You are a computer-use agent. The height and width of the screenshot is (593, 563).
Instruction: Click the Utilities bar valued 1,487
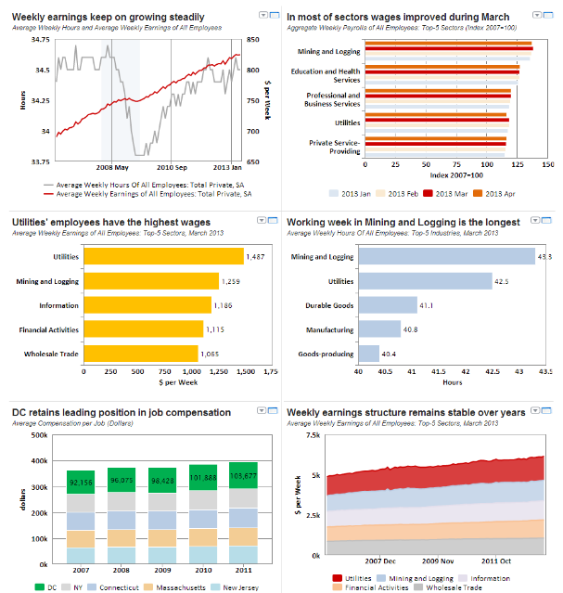click(x=163, y=256)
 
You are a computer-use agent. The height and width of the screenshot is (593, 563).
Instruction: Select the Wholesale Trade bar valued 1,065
click(x=140, y=353)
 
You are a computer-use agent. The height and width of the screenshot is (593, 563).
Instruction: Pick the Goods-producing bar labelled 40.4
click(x=368, y=353)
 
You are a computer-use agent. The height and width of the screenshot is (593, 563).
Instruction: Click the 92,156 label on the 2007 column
click(x=82, y=483)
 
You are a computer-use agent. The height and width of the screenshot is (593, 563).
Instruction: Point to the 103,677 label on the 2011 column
click(x=245, y=475)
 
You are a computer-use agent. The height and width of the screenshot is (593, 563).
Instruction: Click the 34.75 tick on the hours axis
click(x=40, y=40)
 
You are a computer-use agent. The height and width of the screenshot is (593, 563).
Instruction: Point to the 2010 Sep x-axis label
click(x=172, y=168)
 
